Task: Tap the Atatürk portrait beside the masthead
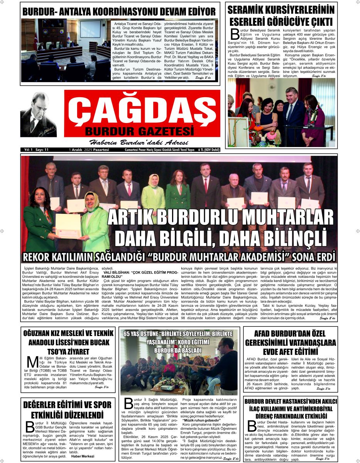[39, 115]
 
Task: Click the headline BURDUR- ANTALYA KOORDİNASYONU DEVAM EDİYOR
[119, 10]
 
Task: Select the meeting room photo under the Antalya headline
[66, 50]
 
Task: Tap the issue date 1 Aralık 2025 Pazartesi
[89, 150]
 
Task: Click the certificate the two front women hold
[68, 225]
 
